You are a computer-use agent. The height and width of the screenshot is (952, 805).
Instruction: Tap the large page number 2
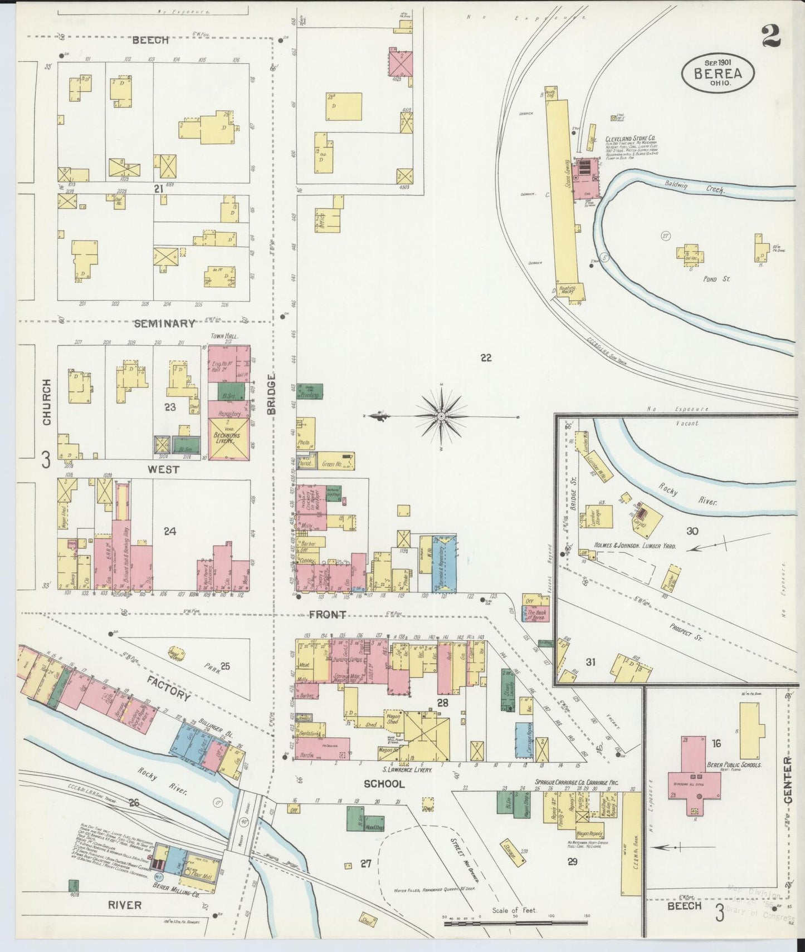coord(772,36)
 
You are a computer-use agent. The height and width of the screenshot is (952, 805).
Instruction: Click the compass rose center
coord(441,416)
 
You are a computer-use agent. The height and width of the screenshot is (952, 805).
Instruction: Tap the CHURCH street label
coord(46,402)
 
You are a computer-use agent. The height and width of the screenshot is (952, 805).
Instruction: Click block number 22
coord(486,358)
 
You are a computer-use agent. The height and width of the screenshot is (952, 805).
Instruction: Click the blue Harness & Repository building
coord(444,564)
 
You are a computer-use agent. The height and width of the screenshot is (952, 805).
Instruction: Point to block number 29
coord(572,862)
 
